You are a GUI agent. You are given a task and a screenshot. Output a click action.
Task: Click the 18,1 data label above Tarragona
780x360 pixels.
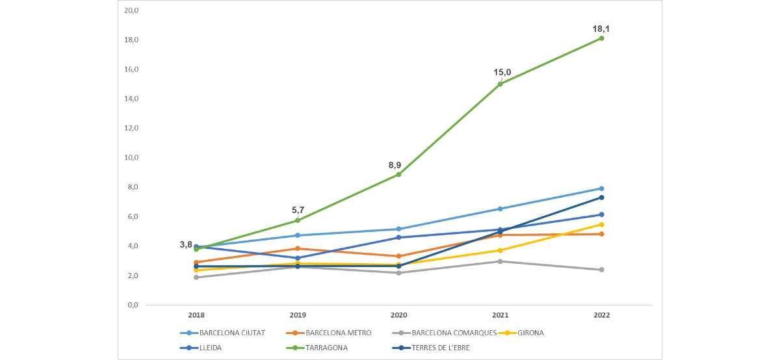[601, 29]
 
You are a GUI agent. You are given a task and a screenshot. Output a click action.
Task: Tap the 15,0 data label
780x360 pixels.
[502, 72]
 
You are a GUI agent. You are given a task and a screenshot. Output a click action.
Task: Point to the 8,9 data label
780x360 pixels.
[395, 165]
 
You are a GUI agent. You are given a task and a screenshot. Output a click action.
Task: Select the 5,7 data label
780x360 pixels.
[298, 210]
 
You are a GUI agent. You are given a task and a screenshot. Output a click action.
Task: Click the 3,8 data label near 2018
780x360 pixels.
[186, 245]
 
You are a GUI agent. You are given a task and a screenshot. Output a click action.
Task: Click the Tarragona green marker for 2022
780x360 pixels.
[601, 38]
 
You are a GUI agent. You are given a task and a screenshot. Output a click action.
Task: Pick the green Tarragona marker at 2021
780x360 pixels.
[500, 84]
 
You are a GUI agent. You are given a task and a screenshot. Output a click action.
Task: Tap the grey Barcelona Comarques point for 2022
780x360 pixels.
[601, 270]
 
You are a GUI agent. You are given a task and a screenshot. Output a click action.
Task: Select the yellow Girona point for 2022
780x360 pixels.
[601, 225]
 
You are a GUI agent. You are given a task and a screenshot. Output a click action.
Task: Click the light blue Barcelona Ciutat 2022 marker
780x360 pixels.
[601, 188]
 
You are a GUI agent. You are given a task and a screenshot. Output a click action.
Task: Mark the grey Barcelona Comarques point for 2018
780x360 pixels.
[196, 277]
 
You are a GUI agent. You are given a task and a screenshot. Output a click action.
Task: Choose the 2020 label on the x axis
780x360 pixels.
[398, 315]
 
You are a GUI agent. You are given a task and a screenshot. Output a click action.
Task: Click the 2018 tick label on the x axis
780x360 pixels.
[196, 315]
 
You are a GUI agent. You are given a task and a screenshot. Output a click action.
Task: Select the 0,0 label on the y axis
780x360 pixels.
[133, 305]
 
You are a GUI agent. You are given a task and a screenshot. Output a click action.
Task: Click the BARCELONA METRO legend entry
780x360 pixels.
[338, 333]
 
